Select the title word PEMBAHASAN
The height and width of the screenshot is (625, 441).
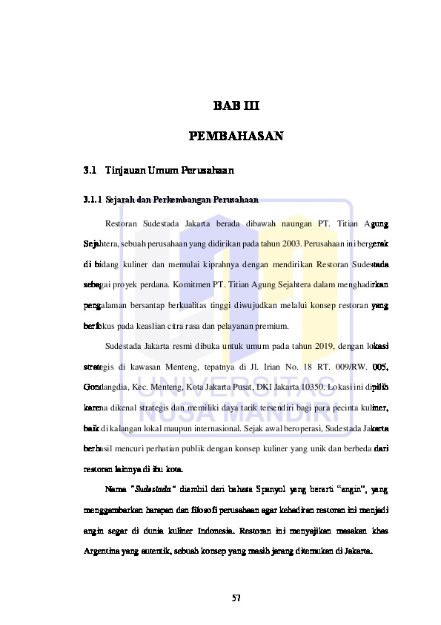[236, 137]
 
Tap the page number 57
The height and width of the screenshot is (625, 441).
[236, 598]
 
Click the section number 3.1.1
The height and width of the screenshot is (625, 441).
[93, 200]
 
